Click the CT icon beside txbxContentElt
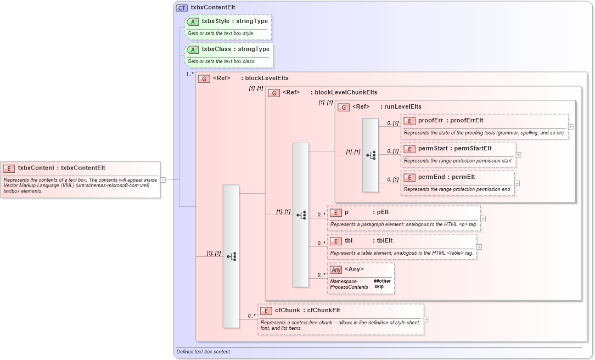click(x=182, y=8)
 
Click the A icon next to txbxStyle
click(x=193, y=21)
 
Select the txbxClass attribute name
click(x=216, y=49)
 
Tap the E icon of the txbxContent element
click(x=9, y=168)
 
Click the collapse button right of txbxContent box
click(x=163, y=179)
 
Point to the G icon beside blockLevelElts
click(x=204, y=78)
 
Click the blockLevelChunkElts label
click(x=346, y=92)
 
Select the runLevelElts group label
click(x=403, y=106)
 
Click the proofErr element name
click(x=430, y=120)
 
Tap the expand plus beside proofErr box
click(x=571, y=126)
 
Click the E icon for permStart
click(x=409, y=149)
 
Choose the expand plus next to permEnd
click(x=517, y=183)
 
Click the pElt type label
click(x=383, y=212)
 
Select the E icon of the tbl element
click(x=336, y=240)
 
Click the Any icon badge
click(x=336, y=269)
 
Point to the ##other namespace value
click(x=382, y=281)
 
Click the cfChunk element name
click(x=287, y=310)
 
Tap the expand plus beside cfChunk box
click(x=426, y=319)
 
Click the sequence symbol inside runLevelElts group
click(x=371, y=155)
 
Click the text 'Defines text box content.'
click(x=204, y=351)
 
